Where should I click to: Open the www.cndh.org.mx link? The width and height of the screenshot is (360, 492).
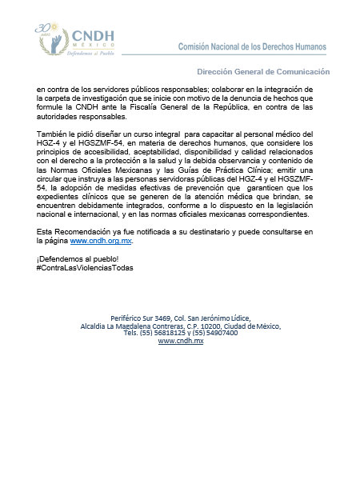pos(107,240)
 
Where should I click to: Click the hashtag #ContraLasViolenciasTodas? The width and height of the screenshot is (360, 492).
pos(86,266)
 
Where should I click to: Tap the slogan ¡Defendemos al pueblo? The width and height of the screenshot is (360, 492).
pos(71,257)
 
